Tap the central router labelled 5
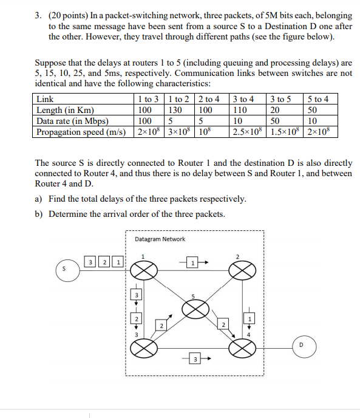[x=194, y=310]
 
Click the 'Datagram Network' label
[x=160, y=239]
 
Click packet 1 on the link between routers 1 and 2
[x=192, y=263]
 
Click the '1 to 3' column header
[x=149, y=99]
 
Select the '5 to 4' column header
[x=319, y=99]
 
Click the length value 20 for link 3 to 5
[x=276, y=110]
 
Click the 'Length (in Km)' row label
[x=66, y=110]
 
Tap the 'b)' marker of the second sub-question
[x=40, y=213]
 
